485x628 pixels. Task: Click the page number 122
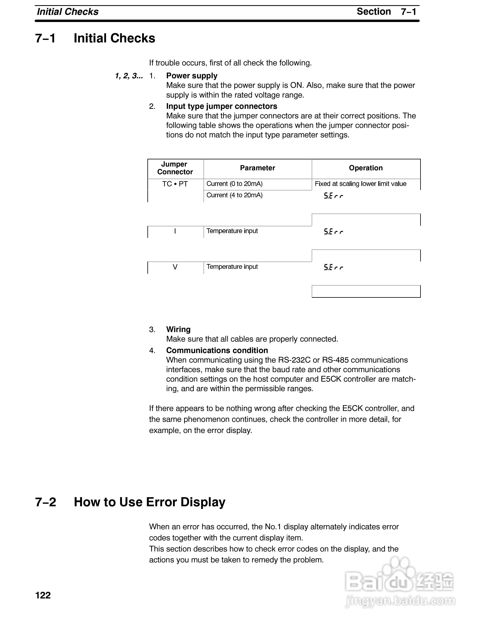point(43,595)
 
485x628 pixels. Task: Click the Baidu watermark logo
point(399,584)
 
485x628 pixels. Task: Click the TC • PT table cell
point(175,184)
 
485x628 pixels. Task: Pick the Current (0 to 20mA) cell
point(234,184)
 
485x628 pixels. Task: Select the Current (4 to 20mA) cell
point(234,195)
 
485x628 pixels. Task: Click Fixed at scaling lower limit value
point(361,184)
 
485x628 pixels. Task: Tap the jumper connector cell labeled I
point(175,231)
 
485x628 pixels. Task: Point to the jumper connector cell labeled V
point(175,267)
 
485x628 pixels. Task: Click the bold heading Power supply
point(192,76)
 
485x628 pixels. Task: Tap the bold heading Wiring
point(178,329)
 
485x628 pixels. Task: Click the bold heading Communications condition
point(217,350)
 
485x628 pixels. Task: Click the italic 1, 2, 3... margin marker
point(129,76)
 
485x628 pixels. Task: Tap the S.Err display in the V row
point(333,267)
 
